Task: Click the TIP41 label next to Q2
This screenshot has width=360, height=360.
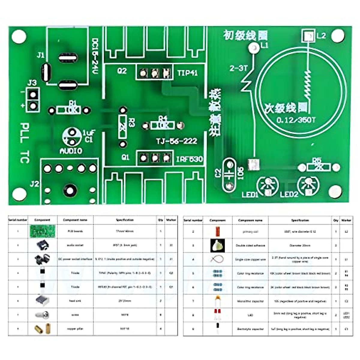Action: point(187,73)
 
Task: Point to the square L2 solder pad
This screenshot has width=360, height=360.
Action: point(307,36)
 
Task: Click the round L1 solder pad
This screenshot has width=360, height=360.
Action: point(254,47)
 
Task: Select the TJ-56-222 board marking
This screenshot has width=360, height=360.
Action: point(176,141)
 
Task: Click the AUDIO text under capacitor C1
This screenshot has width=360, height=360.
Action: point(71,151)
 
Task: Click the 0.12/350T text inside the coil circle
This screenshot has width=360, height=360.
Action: point(296,120)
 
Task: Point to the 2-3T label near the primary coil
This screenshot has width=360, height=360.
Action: point(238,68)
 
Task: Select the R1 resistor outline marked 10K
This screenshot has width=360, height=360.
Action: point(69,110)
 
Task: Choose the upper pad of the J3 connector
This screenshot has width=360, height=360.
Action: point(33,94)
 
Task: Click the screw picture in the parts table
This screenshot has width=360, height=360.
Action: point(42,315)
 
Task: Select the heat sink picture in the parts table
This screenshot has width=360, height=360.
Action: point(42,301)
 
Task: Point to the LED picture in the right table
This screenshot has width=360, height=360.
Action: point(217,315)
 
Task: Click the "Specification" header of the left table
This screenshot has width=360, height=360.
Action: point(124,220)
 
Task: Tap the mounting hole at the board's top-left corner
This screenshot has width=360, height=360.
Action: point(19,36)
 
